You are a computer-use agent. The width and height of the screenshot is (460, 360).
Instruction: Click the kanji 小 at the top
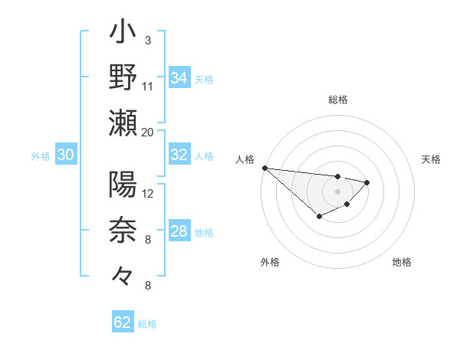tap(123, 34)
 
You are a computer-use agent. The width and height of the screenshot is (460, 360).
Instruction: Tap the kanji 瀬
tap(123, 123)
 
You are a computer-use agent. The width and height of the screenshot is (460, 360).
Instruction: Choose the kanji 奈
tap(123, 231)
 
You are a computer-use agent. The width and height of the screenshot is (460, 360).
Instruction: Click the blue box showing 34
tap(179, 77)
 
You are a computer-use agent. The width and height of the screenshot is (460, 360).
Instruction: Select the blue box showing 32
tap(179, 155)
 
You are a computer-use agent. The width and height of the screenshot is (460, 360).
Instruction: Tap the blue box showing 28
tap(179, 231)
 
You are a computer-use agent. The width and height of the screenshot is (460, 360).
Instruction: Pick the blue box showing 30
tap(65, 155)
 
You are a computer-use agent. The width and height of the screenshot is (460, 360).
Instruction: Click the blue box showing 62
tap(123, 322)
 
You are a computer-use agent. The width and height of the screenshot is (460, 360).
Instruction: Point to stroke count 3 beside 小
tap(147, 39)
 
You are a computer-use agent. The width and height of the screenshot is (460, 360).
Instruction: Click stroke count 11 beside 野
tap(148, 86)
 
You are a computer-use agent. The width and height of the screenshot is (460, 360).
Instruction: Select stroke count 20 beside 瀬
tap(148, 132)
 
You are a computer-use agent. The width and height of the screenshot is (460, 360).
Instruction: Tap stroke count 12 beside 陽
tap(148, 193)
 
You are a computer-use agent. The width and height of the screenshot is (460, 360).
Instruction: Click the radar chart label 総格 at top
tap(338, 100)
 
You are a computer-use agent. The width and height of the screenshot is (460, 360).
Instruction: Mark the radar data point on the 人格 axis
tap(264, 168)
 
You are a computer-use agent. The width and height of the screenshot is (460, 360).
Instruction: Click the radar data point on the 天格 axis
tap(367, 182)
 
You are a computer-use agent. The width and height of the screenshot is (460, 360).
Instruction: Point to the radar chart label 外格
tap(270, 262)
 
